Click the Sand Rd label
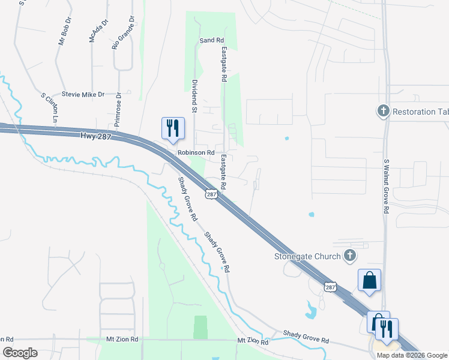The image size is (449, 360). click(x=211, y=40)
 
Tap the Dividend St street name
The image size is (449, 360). click(x=194, y=96)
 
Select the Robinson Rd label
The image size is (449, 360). click(x=196, y=153)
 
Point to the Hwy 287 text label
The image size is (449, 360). click(x=95, y=136)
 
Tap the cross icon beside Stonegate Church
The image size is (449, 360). click(x=350, y=256)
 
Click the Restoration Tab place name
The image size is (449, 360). click(x=420, y=111)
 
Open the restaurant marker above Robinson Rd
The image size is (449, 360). click(x=173, y=128)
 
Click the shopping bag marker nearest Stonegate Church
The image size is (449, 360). click(x=370, y=280)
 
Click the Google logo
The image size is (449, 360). click(x=20, y=353)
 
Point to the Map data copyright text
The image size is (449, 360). click(x=412, y=355)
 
